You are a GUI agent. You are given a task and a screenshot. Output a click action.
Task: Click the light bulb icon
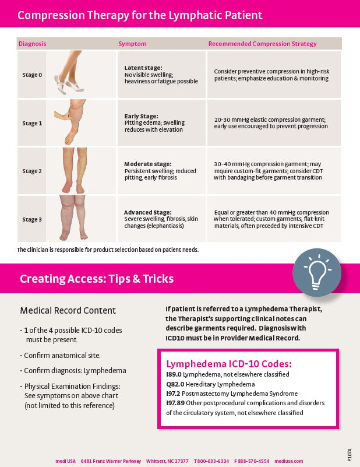pos(317,272)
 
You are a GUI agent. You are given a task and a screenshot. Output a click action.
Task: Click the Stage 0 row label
pos(32,75)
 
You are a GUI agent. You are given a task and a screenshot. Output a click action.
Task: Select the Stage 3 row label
pos(32,219)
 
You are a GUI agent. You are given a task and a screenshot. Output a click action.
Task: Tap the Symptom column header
pos(132,44)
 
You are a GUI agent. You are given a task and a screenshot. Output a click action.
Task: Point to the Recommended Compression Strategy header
pos(262,44)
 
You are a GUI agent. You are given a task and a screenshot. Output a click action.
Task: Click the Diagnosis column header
pos(33,44)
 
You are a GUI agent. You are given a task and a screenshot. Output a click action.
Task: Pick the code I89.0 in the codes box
pos(174,374)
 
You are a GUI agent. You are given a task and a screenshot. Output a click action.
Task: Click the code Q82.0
pos(175,384)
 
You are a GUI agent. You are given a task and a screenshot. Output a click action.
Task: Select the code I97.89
pos(175,403)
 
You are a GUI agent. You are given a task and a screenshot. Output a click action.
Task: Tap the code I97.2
pos(173,394)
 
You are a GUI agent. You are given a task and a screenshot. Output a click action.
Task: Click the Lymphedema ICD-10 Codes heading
pos(229,364)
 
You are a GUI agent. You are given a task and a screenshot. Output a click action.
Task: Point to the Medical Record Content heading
pos(68,311)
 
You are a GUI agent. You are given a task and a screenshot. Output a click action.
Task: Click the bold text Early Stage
pos(142,116)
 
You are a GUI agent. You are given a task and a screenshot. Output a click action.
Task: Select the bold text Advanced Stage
pos(148,212)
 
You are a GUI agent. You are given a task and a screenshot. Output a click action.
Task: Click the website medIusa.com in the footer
pos(288,461)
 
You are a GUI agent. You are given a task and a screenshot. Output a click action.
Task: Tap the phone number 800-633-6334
pos(213,461)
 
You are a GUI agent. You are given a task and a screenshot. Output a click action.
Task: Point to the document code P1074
pos(350,455)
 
